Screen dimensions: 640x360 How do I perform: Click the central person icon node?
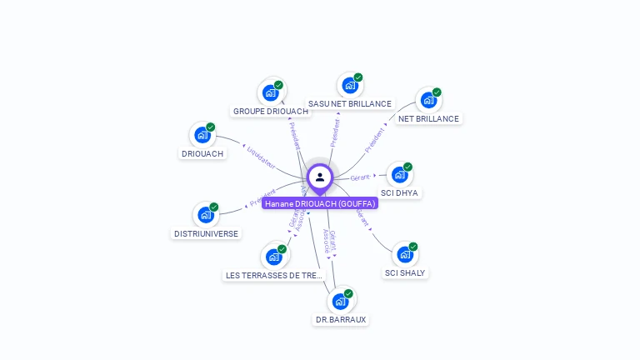point(320,177)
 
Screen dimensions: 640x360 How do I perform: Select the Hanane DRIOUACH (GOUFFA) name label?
point(320,203)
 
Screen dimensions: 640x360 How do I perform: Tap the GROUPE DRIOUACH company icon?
point(270,92)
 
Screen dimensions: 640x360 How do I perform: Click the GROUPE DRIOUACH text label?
point(271,111)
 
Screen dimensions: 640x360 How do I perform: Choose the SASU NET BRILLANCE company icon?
point(349,85)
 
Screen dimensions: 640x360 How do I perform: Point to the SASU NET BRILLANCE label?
point(349,103)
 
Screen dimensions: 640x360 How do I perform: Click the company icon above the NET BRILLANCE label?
point(428,100)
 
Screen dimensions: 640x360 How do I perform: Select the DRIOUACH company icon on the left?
point(202,135)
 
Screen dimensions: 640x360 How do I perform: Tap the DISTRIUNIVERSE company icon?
point(206,215)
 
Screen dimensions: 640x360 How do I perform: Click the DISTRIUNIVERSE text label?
point(206,234)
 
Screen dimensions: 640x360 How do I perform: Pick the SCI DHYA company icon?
point(400,175)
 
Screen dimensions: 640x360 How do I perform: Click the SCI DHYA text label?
point(400,193)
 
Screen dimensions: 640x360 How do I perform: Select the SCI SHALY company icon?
point(405,254)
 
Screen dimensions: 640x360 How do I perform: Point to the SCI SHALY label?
point(405,272)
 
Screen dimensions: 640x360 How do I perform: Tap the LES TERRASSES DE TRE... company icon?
point(273,257)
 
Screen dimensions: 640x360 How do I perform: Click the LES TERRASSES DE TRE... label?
point(273,275)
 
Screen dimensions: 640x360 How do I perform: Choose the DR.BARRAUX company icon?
point(340,301)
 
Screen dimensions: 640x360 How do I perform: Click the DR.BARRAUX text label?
point(340,319)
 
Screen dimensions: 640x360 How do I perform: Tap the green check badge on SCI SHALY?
point(412,247)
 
